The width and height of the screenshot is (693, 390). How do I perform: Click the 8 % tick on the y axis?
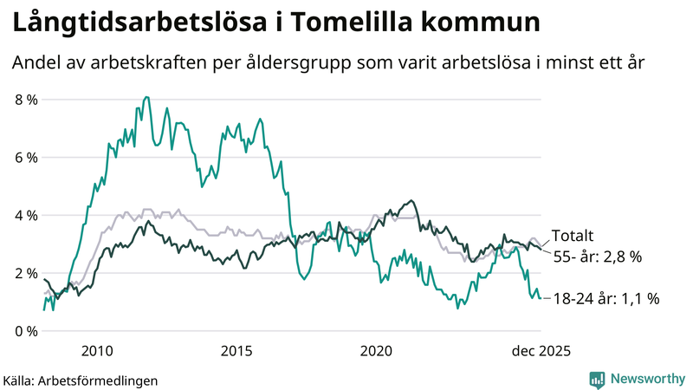[26, 100]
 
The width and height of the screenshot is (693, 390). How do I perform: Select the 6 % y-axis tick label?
[26, 158]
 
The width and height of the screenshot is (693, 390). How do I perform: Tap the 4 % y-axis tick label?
[26, 215]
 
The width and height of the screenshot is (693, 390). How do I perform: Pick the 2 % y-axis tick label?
[26, 273]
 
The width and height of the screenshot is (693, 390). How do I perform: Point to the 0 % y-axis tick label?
[26, 331]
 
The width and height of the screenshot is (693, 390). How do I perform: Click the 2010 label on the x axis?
[96, 350]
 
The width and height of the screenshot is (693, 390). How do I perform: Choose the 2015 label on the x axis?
[236, 350]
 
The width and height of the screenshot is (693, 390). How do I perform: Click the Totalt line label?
[573, 236]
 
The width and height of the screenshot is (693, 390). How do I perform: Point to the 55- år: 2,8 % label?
[598, 257]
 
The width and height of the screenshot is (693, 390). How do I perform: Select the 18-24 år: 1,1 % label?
[606, 298]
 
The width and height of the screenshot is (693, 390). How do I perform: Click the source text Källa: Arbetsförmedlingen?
[80, 380]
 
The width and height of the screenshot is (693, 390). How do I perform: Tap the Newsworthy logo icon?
[597, 379]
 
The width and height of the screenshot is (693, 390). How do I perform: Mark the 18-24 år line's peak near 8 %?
[146, 98]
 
